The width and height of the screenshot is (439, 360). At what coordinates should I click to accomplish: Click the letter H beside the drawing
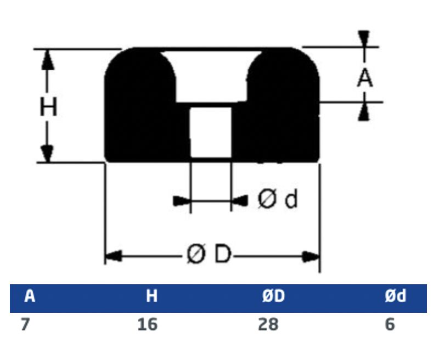(x=48, y=106)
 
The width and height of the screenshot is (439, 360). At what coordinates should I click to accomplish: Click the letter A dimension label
(x=365, y=78)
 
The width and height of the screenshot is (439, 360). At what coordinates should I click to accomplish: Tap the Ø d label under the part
(x=278, y=199)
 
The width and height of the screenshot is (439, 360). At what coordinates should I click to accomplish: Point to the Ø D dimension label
(x=209, y=254)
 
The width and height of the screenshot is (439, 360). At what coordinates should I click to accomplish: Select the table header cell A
(x=30, y=296)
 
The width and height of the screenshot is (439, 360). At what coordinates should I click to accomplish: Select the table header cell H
(x=152, y=296)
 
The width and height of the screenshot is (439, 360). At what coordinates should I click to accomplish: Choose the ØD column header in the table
(x=273, y=296)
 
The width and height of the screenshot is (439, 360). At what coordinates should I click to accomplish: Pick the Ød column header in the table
(x=395, y=296)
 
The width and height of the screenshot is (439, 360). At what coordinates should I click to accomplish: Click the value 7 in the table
(x=25, y=325)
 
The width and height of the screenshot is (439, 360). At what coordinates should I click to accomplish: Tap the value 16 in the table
(x=147, y=325)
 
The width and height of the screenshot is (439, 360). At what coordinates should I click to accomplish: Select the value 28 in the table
(x=268, y=325)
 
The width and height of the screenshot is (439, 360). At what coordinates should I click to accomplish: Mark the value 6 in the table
(x=390, y=325)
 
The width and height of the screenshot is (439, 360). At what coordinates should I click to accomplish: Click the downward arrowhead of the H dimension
(x=47, y=153)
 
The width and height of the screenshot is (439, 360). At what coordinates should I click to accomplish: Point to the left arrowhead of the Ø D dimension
(x=113, y=256)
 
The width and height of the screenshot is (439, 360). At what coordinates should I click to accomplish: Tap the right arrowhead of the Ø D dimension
(x=311, y=256)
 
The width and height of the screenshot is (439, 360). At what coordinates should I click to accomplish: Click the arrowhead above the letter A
(x=364, y=38)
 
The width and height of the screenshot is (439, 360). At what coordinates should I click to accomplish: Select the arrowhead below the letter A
(x=364, y=111)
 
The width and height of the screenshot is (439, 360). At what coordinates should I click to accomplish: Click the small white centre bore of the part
(x=211, y=132)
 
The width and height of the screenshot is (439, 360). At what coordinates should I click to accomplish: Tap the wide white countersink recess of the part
(x=211, y=76)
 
